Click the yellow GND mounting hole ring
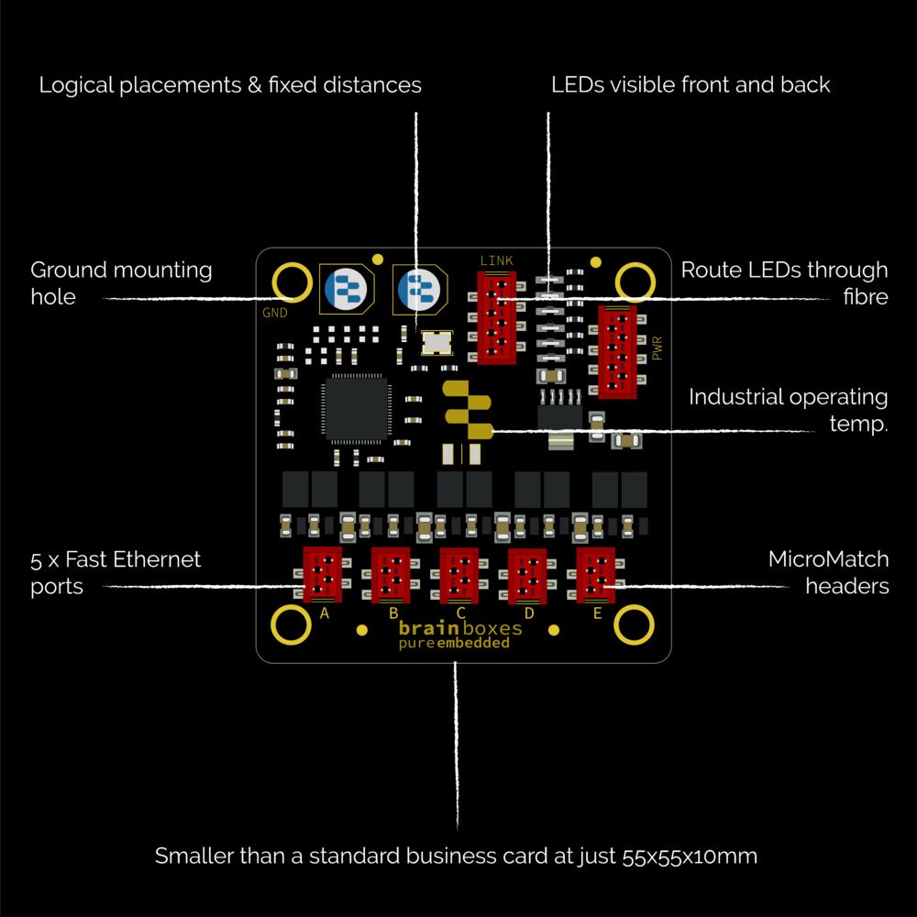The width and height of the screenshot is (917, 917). [x=293, y=281]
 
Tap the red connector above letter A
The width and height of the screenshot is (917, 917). [x=322, y=574]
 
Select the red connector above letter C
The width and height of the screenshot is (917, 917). [x=458, y=575]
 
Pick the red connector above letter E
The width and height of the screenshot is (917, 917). [x=595, y=574]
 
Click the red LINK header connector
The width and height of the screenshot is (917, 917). [x=496, y=317]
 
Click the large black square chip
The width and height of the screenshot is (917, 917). [x=355, y=409]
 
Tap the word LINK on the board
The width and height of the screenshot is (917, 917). [x=496, y=260]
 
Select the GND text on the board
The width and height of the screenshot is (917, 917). [x=275, y=312]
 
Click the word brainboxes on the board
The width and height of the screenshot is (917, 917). [x=460, y=628]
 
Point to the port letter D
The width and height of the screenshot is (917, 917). [x=529, y=613]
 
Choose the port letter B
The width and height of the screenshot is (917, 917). [x=393, y=613]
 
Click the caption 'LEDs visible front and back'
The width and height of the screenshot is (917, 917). [x=691, y=85]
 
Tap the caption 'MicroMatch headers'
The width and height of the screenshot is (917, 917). [x=828, y=572]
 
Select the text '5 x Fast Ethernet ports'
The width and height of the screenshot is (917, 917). [x=116, y=572]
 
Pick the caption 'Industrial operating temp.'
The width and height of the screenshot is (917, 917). [x=788, y=410]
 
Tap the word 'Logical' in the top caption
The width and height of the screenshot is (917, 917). [x=81, y=85]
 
